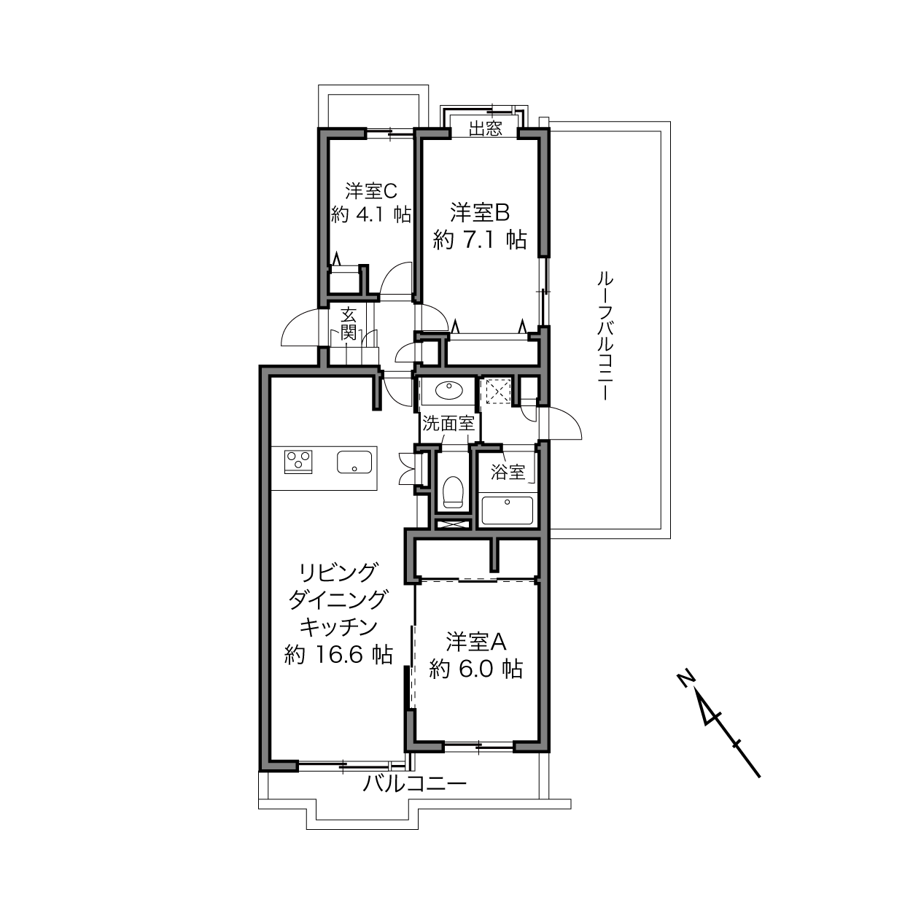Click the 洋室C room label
(x=370, y=191)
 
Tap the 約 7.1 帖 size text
(x=480, y=240)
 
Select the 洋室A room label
(x=476, y=642)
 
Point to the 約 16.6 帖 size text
(x=338, y=655)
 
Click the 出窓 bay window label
(x=485, y=129)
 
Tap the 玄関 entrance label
(x=349, y=324)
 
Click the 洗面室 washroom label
(x=448, y=423)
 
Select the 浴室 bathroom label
(x=508, y=472)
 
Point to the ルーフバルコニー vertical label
(x=605, y=335)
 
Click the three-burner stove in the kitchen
(x=298, y=461)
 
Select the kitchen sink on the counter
(x=354, y=462)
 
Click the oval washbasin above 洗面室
(x=448, y=390)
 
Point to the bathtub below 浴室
(x=507, y=510)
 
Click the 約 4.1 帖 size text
(x=370, y=215)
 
